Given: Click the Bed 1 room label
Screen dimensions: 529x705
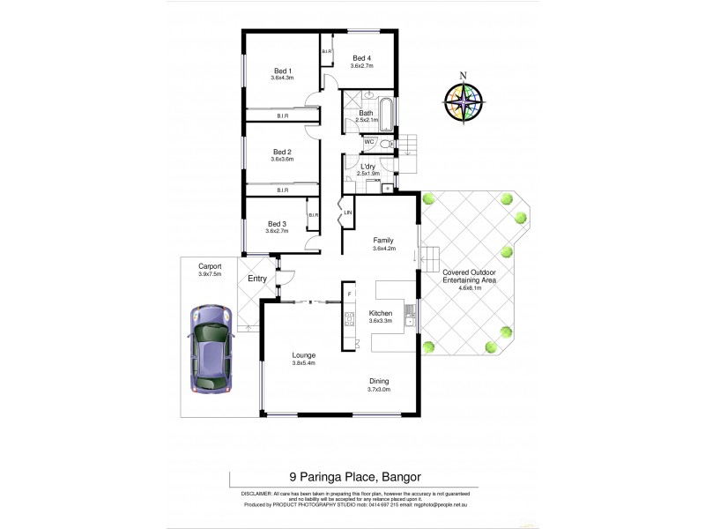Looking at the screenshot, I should [282, 71].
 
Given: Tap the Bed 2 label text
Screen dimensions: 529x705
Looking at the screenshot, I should [282, 152].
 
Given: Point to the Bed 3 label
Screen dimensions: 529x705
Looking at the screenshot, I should [278, 224].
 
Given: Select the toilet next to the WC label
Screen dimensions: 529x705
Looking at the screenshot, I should [387, 142].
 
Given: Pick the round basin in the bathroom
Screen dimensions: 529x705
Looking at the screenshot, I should [367, 96].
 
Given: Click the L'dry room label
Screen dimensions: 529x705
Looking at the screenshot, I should [368, 166].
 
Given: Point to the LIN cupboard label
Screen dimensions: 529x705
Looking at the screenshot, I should [348, 212].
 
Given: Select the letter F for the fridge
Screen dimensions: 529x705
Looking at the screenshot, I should [350, 293].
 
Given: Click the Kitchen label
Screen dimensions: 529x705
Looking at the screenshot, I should [382, 313].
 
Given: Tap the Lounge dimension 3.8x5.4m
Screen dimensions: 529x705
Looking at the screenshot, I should [304, 362].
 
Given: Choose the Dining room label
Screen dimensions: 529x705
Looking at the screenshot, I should [380, 381].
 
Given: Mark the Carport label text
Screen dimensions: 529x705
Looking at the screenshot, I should [210, 265].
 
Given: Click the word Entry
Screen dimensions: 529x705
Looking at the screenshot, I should [257, 279].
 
